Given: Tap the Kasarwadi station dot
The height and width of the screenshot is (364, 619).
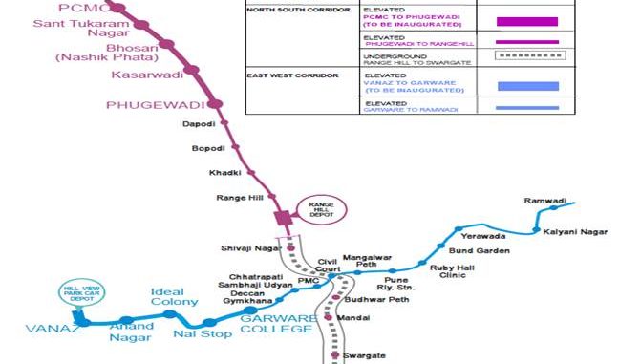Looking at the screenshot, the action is click(191, 69).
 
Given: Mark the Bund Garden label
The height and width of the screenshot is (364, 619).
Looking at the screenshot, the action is click(474, 250).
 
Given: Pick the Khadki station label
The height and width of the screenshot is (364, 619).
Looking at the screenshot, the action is click(224, 172).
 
